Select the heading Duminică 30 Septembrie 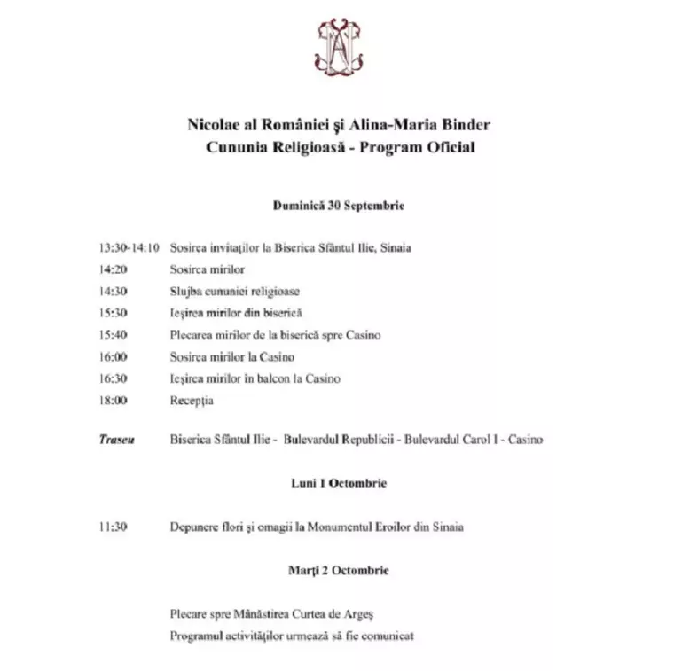(338, 205)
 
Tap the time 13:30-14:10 (129, 248)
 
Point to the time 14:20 (113, 269)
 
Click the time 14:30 (113, 291)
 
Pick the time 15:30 (113, 313)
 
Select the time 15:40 (113, 335)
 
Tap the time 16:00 (113, 356)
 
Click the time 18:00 (113, 401)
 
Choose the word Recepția (192, 401)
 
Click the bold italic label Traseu (116, 440)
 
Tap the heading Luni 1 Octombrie (338, 483)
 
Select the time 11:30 (113, 527)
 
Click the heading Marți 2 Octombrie (338, 570)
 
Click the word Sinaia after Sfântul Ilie (395, 248)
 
